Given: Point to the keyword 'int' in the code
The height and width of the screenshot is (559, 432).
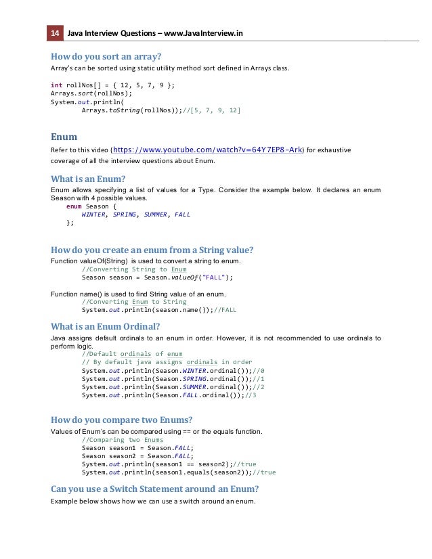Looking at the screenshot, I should click(x=56, y=85).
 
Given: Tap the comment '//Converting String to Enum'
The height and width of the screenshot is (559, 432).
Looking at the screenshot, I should click(x=134, y=269).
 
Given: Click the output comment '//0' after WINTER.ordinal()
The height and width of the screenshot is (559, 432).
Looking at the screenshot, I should click(x=258, y=371).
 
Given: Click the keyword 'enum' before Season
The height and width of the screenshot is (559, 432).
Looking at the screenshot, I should click(x=74, y=206).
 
